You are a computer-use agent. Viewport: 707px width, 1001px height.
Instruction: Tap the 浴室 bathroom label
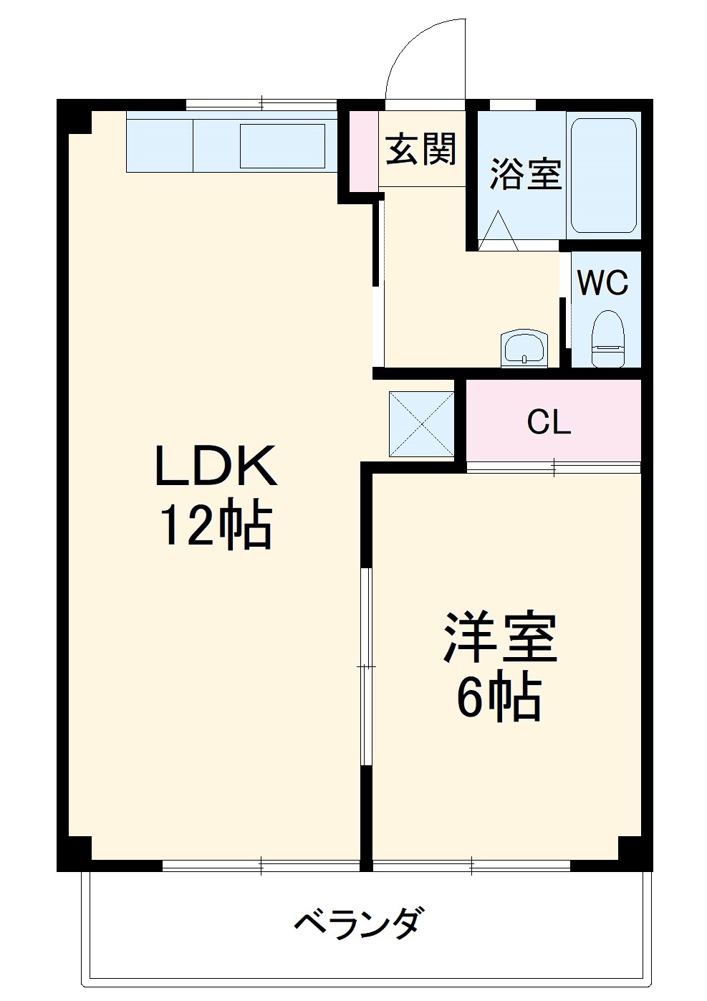point(525,173)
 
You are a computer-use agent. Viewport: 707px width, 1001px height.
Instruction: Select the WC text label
point(602,283)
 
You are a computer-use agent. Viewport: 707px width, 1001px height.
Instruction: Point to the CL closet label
point(549,423)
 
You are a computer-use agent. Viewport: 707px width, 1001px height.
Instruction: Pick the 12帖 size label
point(215,527)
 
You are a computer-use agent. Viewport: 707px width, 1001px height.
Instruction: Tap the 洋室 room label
point(499,637)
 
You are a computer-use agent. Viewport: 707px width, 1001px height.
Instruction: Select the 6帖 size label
point(499,698)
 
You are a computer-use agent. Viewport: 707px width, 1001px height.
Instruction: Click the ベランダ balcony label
point(357,923)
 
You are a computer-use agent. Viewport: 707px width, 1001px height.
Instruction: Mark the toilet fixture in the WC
point(608,337)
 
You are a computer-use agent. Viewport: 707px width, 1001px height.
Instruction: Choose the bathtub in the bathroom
point(603,176)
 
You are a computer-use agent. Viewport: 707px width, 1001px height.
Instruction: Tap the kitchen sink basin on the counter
point(282,146)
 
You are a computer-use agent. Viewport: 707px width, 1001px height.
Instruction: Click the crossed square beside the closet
point(421,423)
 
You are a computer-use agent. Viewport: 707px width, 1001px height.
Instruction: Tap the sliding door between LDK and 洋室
point(366,666)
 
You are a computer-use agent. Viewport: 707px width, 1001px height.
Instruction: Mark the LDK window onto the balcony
point(261,866)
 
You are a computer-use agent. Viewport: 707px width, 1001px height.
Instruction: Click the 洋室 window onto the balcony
point(471,866)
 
